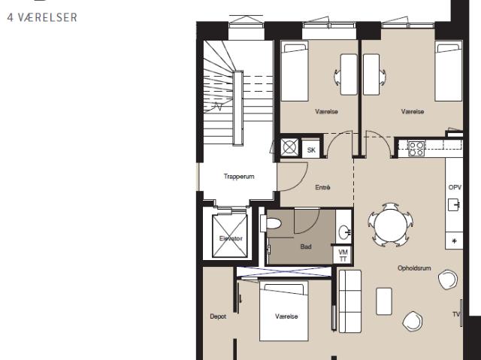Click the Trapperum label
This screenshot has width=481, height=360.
tap(239, 177)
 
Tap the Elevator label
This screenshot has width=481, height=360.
tap(231, 238)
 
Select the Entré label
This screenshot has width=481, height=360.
tap(322, 187)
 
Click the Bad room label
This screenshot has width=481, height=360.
tap(306, 247)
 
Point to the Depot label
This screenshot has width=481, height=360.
tap(218, 316)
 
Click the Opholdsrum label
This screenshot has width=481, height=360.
tap(414, 268)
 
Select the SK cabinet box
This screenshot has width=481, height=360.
tap(311, 150)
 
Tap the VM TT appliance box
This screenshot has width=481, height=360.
tap(343, 255)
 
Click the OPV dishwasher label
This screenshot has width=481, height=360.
tap(455, 187)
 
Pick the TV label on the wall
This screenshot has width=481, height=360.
tap(456, 314)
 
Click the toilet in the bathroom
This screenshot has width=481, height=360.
tap(271, 223)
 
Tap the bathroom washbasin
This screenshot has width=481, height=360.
tap(344, 233)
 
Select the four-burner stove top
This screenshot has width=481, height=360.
tap(416, 148)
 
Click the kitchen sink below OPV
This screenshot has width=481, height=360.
tap(453, 205)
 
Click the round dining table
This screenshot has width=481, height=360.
tap(391, 225)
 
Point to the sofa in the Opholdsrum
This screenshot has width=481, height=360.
tap(350, 301)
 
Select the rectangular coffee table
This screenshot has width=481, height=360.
tap(384, 301)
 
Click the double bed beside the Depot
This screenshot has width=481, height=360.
tap(284, 310)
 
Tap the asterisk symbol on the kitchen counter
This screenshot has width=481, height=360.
tap(454, 241)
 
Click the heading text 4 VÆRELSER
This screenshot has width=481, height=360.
tap(42, 17)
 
